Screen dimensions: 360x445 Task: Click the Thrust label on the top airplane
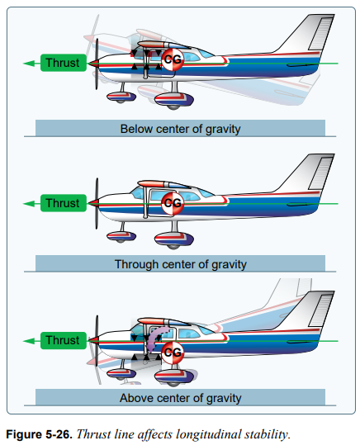64,63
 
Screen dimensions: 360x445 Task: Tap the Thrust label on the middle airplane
64,203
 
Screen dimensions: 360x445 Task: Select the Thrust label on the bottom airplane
64,340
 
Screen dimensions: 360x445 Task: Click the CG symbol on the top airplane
173,59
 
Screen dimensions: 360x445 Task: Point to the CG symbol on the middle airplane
173,203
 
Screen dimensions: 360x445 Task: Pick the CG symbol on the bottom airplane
173,353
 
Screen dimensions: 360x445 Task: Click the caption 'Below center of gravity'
180,129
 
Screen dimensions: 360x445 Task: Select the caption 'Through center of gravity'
181,264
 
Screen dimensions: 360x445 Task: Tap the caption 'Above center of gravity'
181,398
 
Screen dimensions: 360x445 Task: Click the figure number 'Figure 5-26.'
39,434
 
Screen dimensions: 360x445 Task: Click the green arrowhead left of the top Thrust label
29,64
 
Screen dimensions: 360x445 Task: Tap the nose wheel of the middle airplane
121,236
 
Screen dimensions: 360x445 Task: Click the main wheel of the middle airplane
173,240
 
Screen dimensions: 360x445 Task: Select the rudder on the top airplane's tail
321,34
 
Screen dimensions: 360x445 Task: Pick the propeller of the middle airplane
97,203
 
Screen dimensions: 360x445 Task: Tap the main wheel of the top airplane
173,101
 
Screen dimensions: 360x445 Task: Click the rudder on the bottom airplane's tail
321,310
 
